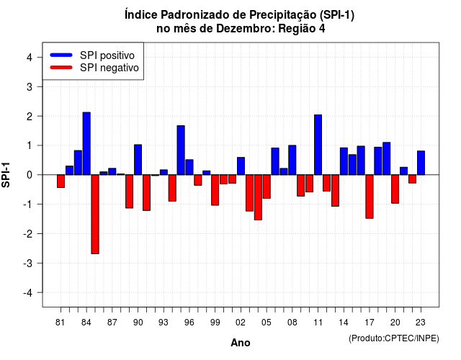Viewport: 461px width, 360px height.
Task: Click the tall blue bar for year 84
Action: coord(86,143)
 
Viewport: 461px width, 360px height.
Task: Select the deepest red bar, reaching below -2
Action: coord(95,215)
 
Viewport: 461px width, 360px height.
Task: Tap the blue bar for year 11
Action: coord(318,145)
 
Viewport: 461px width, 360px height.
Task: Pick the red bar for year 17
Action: coord(370,197)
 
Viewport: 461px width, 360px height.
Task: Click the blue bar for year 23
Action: coord(421,163)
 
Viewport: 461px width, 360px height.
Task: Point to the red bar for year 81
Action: coord(61,181)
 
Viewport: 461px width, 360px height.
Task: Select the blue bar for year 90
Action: coord(138,160)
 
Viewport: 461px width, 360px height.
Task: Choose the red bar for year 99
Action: coord(215,190)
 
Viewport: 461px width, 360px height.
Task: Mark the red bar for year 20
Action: coord(395,189)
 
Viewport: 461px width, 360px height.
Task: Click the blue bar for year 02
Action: coord(241,166)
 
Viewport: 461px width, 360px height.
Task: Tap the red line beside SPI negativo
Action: coord(61,68)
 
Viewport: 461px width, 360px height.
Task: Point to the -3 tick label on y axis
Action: coord(28,264)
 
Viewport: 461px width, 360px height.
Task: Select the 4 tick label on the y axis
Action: coord(30,58)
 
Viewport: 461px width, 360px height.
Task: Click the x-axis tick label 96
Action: coord(189,323)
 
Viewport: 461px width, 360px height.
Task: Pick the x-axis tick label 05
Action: coord(267,323)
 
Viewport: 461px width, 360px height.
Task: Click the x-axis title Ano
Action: coord(241,343)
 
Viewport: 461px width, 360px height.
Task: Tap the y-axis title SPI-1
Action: coord(6,175)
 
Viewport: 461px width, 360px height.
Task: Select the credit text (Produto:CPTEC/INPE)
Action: coord(394,338)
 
